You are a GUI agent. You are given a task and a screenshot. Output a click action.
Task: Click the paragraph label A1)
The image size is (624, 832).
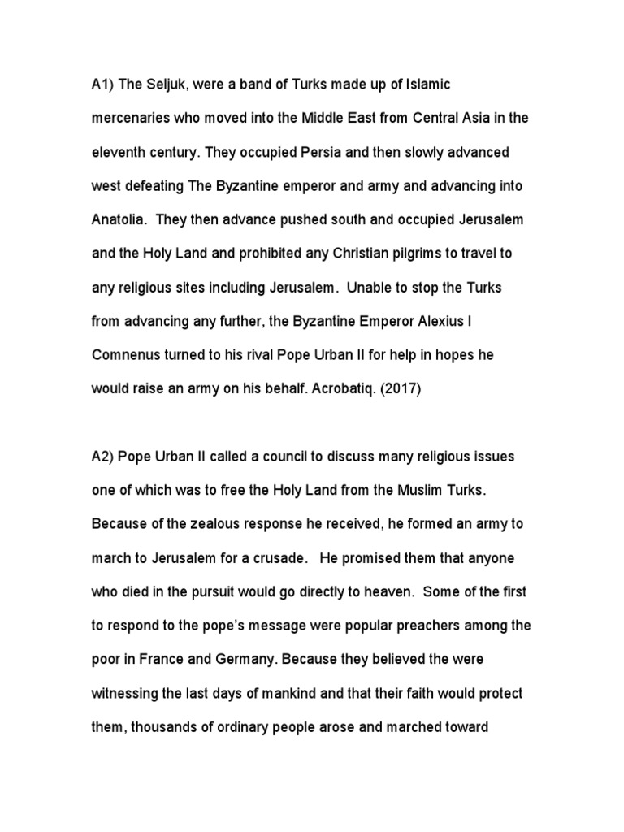(102, 84)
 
